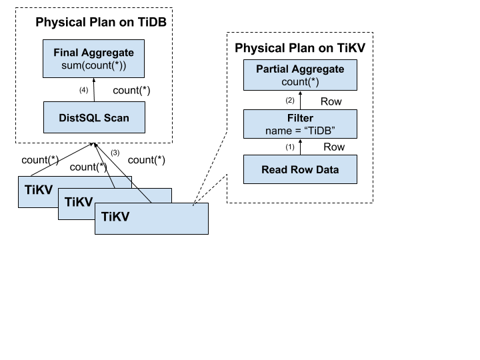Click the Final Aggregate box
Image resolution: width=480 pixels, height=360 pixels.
[x=93, y=59]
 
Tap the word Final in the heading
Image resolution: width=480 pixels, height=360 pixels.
[x=67, y=52]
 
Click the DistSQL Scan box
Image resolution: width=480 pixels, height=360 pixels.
[x=94, y=117]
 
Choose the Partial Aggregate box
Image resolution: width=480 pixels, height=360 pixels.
[x=300, y=75]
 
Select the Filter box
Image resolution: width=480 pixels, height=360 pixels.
[x=300, y=124]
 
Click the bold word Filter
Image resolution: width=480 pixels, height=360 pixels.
[x=300, y=119]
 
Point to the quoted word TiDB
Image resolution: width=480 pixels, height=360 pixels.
[x=319, y=131]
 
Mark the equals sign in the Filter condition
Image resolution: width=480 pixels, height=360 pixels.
[x=297, y=131]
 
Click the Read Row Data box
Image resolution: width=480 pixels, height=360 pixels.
[x=300, y=169]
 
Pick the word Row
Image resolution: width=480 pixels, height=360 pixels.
[x=300, y=169]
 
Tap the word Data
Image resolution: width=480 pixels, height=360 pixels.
[x=326, y=169]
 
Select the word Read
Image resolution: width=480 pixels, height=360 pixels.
[x=275, y=169]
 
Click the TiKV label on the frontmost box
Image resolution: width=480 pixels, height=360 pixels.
[x=115, y=217]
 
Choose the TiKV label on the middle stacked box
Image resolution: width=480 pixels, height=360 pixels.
[x=78, y=202]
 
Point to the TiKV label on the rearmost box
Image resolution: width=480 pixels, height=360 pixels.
[x=39, y=190]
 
